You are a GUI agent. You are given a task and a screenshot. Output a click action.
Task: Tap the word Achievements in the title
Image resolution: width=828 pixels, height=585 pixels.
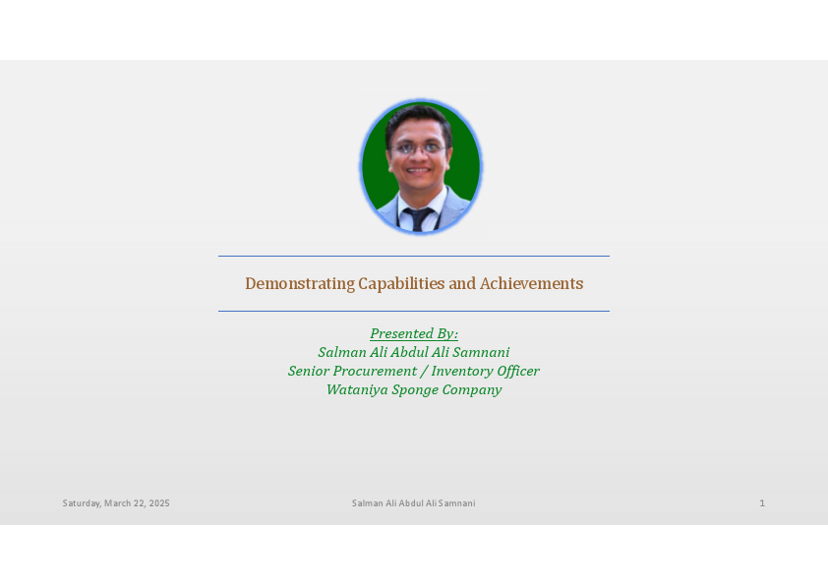click(531, 284)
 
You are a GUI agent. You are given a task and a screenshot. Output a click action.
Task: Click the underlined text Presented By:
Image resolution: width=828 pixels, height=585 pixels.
click(414, 333)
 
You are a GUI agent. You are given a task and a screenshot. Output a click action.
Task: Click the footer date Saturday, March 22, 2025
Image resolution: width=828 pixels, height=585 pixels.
click(116, 503)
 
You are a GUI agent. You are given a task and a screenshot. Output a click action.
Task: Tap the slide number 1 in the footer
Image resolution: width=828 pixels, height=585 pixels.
click(761, 503)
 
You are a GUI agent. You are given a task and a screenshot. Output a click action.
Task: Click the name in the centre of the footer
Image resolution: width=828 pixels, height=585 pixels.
click(414, 503)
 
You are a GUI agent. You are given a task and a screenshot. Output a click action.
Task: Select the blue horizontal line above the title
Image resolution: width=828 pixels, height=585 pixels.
click(414, 257)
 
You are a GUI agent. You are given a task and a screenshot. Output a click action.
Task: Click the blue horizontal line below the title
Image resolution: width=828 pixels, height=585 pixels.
click(414, 311)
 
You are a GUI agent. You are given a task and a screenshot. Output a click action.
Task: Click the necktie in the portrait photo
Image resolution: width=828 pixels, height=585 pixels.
click(421, 219)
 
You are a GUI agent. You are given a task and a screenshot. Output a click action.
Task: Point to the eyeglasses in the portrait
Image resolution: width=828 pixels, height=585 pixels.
click(419, 148)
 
